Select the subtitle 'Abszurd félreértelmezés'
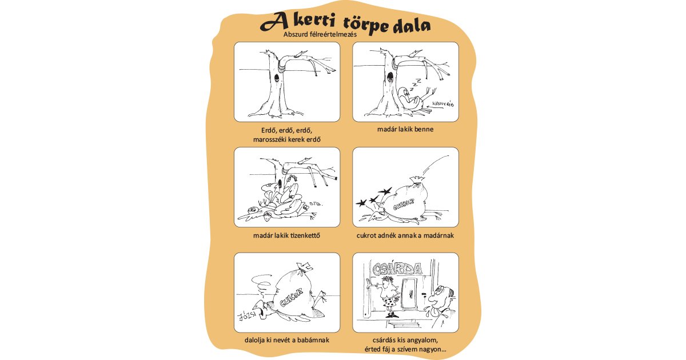click(320, 34)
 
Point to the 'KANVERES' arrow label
click(441, 104)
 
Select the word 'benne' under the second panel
click(422, 129)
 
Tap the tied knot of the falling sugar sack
click(417, 184)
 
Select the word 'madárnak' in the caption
click(438, 235)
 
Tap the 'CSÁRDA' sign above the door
click(397, 269)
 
